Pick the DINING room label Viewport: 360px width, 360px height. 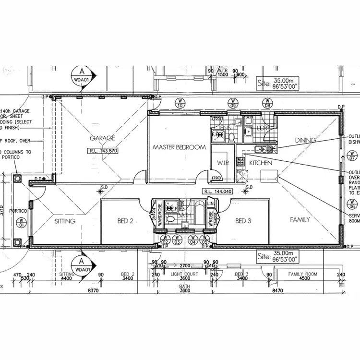point(305,140)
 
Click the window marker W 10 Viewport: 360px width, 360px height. point(180,104)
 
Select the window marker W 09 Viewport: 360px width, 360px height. point(233,104)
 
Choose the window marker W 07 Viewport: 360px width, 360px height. point(353,156)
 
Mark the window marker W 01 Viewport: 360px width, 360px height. point(21,222)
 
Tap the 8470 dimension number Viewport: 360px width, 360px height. point(279,290)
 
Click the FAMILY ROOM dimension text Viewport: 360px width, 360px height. point(302,274)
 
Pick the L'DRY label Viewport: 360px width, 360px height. point(262,129)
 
